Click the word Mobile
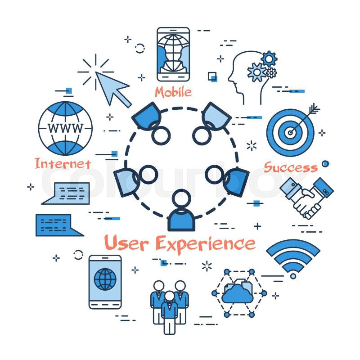point(173,92)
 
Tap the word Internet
point(63,163)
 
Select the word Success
point(291,167)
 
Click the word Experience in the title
point(206,244)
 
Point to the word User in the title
point(126,243)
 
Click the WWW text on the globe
point(65,128)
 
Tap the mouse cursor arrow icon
point(113,89)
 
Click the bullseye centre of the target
point(290,133)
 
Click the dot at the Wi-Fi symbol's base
point(293,276)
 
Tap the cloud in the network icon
point(238,294)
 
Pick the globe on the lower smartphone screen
point(105,279)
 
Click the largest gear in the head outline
point(256,72)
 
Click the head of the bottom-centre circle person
point(181,198)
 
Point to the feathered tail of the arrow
point(314,108)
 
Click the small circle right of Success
point(325,164)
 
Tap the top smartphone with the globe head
point(173,54)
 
